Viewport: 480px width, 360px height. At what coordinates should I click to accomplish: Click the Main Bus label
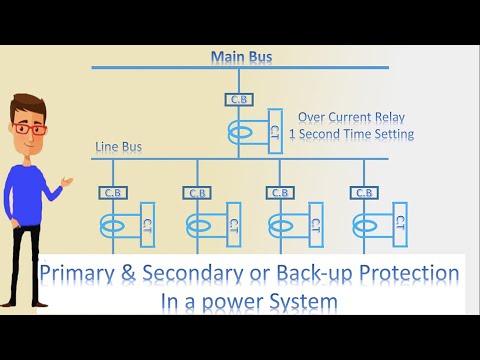pos(240,57)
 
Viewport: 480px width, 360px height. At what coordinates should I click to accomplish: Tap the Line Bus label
pos(118,147)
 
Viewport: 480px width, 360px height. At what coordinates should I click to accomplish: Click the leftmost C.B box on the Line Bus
pos(113,192)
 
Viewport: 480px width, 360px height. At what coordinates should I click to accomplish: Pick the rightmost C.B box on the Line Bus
pos(365,192)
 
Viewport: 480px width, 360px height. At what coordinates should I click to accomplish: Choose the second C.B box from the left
pos(197,192)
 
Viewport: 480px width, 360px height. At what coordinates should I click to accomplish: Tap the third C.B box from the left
pos(281,192)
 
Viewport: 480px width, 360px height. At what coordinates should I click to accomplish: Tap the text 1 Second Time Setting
pos(355,133)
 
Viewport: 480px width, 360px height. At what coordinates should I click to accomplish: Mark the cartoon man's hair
pos(28,105)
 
